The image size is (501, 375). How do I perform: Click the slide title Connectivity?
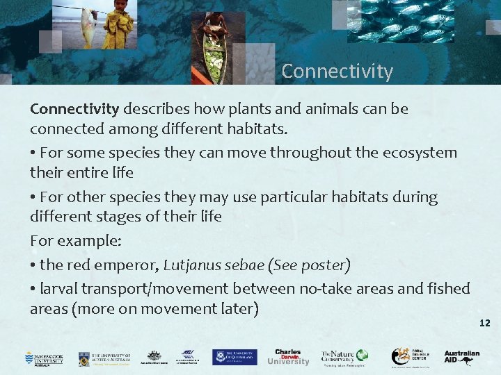[337, 72]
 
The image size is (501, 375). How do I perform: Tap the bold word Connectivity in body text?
[74, 109]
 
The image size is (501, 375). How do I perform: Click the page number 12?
[485, 323]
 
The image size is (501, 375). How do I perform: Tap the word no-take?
[331, 288]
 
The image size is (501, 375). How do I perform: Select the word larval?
[60, 288]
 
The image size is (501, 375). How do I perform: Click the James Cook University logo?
[44, 358]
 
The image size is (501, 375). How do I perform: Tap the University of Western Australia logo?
[104, 358]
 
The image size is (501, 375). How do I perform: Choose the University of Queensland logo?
[234, 358]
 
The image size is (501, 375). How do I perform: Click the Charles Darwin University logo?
[287, 357]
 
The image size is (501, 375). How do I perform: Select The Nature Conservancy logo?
[344, 357]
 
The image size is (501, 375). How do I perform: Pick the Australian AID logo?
[462, 357]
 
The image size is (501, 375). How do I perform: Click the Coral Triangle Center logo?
[410, 357]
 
